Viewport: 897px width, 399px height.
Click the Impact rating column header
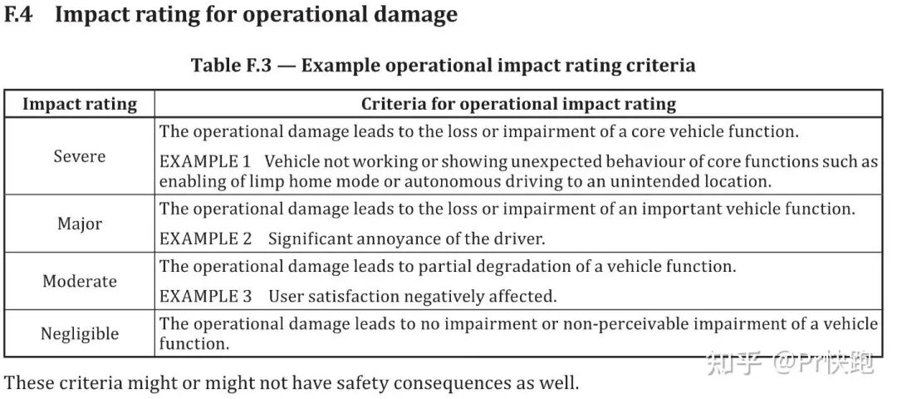click(x=80, y=104)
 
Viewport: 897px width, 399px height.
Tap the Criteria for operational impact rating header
click(x=518, y=104)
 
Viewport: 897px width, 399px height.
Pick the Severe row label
click(x=80, y=155)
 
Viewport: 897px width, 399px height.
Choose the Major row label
click(x=80, y=224)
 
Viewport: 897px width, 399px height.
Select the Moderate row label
click(x=80, y=281)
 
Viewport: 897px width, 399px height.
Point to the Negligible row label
click(x=80, y=333)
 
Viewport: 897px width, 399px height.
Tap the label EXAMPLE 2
click(x=205, y=238)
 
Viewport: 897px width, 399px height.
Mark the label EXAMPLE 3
click(x=205, y=296)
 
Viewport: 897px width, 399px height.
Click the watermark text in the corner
click(x=792, y=363)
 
